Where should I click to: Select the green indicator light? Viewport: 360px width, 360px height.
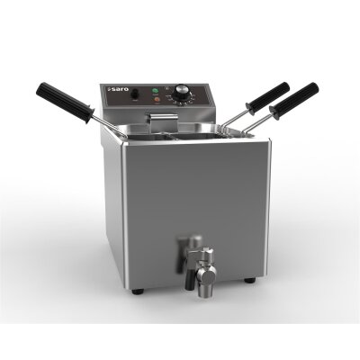pyautogui.click(x=157, y=92)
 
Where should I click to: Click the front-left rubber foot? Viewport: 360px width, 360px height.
pyautogui.click(x=136, y=291)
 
